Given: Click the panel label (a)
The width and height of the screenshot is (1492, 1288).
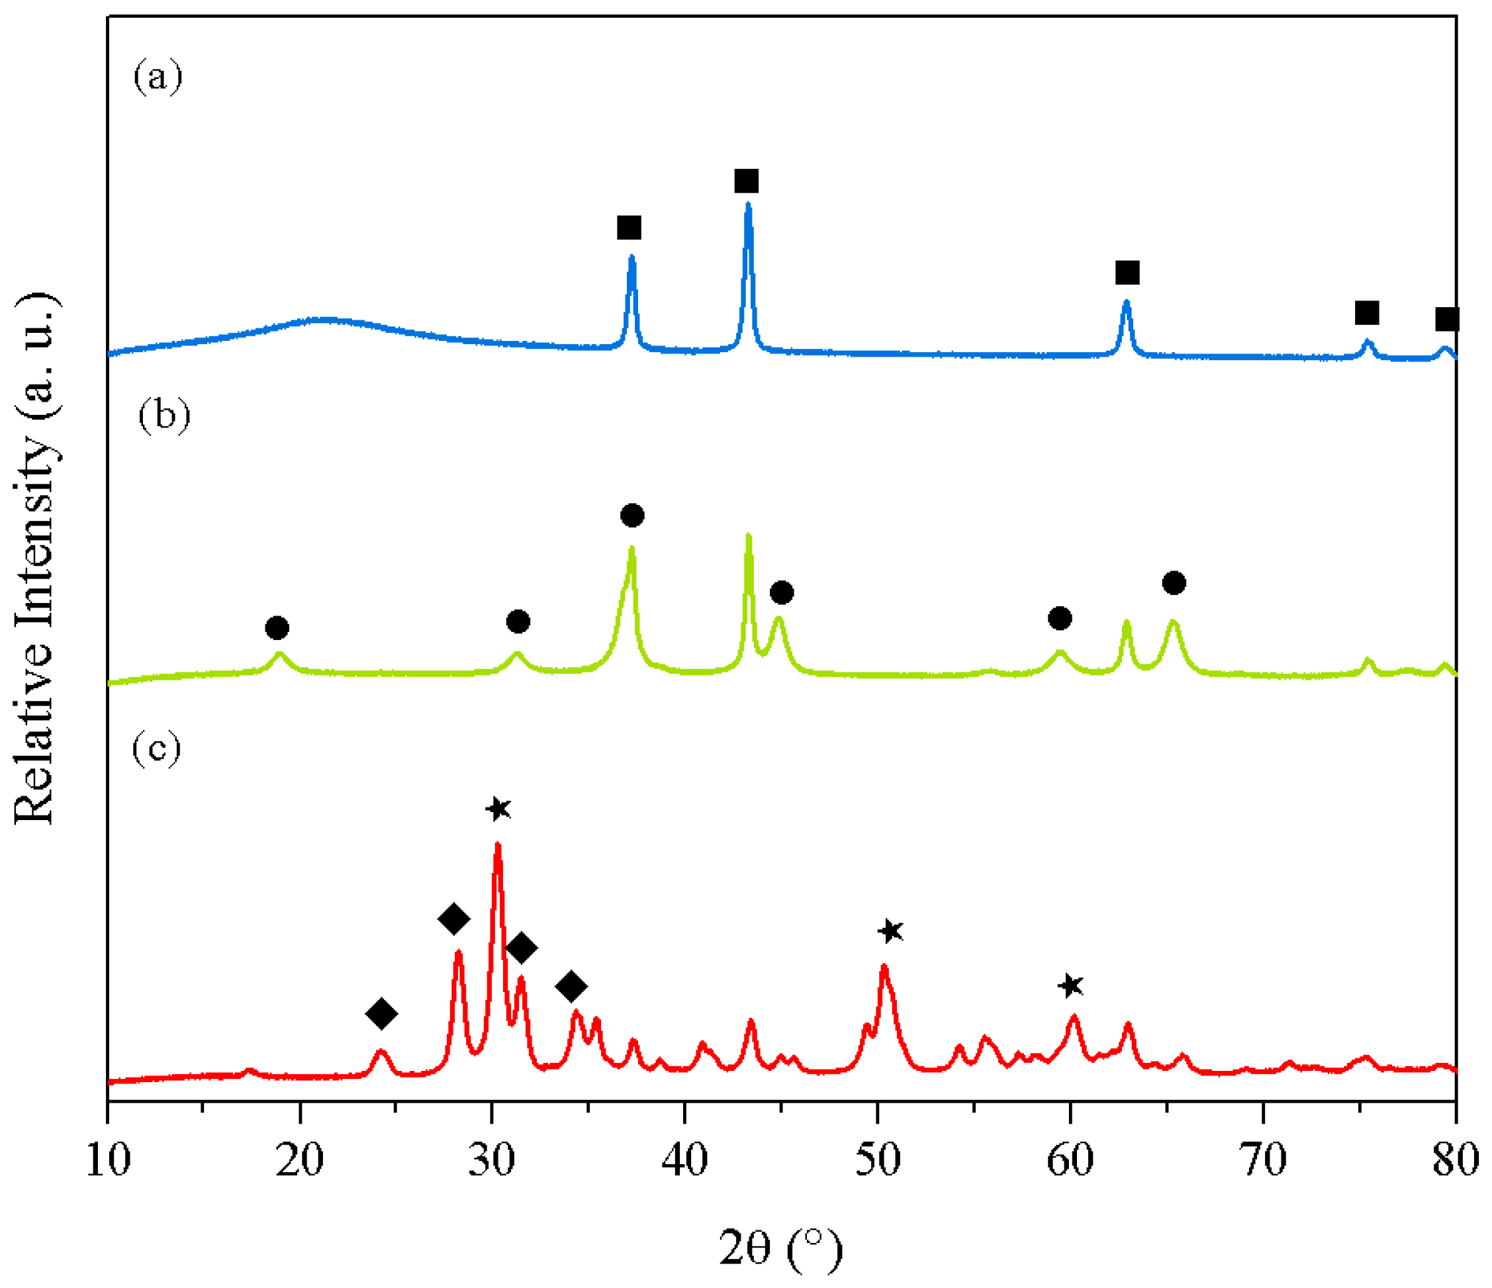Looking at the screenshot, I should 158,75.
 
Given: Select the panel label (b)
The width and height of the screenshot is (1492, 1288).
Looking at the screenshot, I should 164,416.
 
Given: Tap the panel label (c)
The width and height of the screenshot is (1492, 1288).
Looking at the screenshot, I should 156,748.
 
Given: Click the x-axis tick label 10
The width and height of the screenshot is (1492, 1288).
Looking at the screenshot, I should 108,1160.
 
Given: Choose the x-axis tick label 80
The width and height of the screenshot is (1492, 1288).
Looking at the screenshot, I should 1454,1160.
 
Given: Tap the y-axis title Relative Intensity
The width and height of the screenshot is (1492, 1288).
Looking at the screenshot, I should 34,558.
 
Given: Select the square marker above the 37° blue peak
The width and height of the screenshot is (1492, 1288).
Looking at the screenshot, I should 629,228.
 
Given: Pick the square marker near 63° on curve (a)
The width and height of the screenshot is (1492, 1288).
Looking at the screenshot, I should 1127,273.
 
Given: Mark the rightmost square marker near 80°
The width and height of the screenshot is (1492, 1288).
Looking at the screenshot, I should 1446,319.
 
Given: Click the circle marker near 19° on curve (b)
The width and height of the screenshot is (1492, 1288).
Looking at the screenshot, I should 277,628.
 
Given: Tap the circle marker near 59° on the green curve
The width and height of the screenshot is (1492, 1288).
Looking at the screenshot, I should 1059,618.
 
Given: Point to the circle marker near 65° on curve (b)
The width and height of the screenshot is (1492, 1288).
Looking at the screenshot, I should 1174,582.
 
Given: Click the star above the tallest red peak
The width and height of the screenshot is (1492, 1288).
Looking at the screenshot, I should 498,809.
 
